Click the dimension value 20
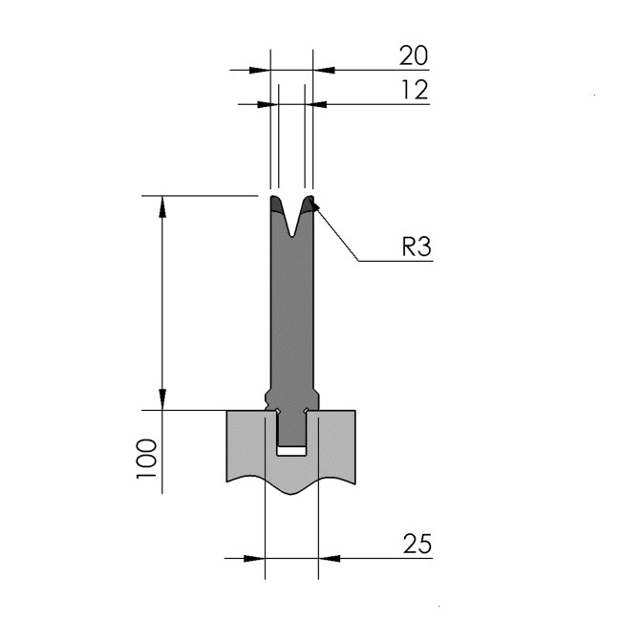coord(414,55)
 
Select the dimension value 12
coord(416,90)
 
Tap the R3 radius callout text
coord(417,246)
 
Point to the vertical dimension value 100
coord(146,459)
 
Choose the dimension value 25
coord(418,544)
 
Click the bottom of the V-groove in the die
coord(291,236)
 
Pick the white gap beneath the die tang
coord(291,451)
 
